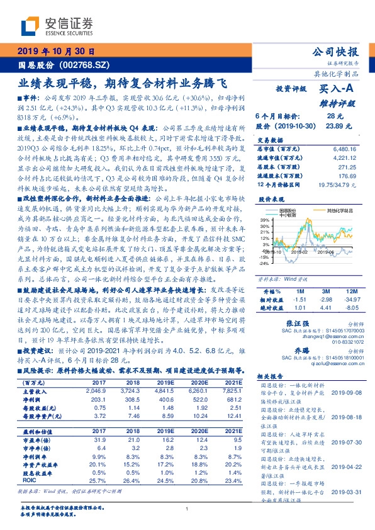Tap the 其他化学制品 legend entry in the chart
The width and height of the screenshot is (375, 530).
pyautogui.click(x=334, y=210)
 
